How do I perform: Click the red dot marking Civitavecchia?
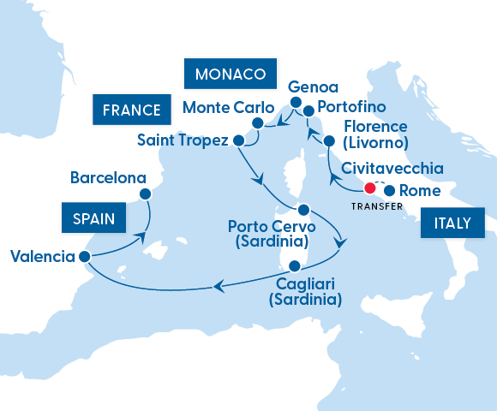[370, 188]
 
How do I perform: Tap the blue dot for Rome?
[390, 191]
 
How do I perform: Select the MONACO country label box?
[230, 74]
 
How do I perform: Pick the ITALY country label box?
[452, 223]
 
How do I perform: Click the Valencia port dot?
[83, 256]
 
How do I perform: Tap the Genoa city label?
[314, 87]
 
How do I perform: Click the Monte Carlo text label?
[229, 110]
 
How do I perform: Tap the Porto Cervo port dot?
[302, 210]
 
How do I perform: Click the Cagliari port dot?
[295, 265]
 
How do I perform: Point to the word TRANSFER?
[378, 206]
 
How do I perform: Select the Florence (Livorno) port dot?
[328, 139]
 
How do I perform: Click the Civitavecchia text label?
[392, 168]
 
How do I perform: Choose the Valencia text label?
[41, 256]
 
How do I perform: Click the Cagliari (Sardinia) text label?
[305, 291]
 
